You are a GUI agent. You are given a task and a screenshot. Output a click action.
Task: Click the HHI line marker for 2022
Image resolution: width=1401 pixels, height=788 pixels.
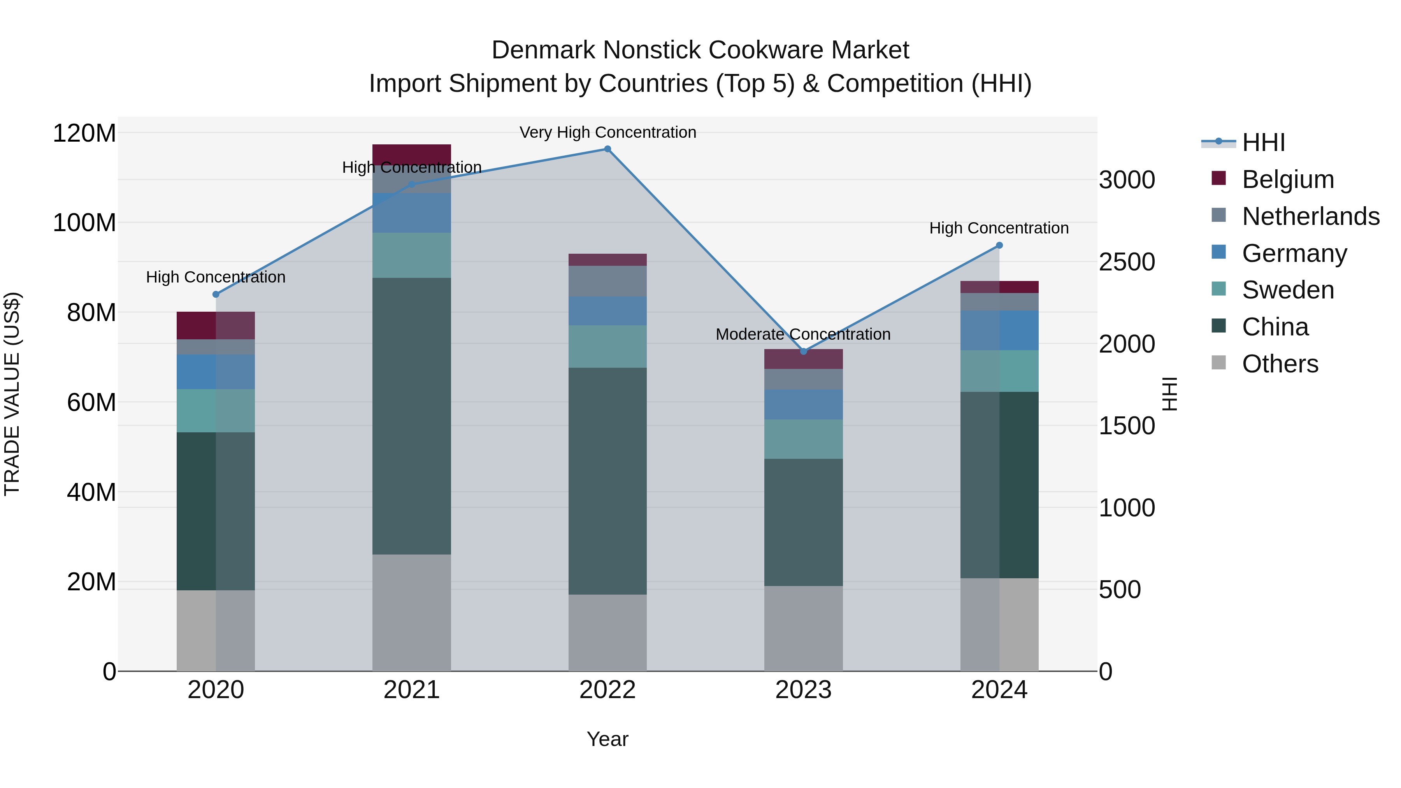click(607, 149)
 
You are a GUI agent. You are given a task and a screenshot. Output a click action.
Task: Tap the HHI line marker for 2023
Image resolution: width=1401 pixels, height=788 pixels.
click(803, 351)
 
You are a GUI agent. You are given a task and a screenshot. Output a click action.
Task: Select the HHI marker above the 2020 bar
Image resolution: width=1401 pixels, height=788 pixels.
click(216, 294)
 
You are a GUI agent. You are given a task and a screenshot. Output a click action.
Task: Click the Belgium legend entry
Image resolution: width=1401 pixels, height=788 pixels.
click(1287, 179)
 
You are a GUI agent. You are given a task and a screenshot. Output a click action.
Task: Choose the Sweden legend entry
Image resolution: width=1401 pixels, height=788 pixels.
click(1287, 290)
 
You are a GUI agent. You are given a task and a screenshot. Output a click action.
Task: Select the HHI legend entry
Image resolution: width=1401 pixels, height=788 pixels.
click(1263, 142)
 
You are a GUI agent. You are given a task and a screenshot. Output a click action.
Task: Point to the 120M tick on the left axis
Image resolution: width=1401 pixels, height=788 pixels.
click(84, 133)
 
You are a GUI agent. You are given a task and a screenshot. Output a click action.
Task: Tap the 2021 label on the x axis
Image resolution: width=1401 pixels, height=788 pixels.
click(412, 690)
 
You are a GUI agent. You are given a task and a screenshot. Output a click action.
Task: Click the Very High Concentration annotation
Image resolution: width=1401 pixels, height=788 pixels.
click(607, 132)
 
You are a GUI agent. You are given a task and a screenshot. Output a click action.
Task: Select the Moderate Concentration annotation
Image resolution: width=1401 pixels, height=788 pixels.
click(803, 334)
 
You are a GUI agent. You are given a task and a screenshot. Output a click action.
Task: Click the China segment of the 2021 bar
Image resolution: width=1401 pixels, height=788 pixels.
click(412, 416)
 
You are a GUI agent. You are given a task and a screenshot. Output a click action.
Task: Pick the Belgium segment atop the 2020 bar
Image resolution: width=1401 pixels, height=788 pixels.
click(216, 325)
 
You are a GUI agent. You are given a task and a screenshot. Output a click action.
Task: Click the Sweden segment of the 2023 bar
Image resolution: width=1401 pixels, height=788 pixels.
click(803, 439)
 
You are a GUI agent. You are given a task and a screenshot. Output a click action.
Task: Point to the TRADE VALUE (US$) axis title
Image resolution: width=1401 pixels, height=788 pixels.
click(12, 394)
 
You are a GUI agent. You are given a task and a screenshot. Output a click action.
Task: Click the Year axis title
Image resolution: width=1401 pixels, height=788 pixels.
click(607, 739)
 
